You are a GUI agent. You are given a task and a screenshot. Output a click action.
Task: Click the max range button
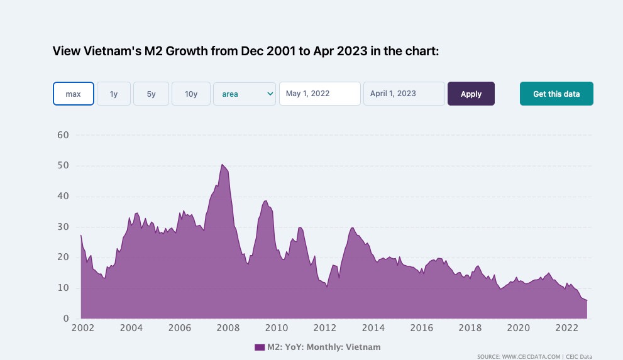[x=74, y=94]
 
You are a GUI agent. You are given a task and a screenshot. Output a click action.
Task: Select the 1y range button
[x=114, y=94]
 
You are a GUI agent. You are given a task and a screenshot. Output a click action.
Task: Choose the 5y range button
[x=151, y=94]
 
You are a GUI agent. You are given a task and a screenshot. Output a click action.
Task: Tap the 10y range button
[x=191, y=94]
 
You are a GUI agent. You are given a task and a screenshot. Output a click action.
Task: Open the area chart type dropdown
[x=245, y=94]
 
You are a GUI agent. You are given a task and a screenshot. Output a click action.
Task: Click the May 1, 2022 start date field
[x=319, y=94]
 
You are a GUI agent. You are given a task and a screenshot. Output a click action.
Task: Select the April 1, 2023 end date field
[x=404, y=94]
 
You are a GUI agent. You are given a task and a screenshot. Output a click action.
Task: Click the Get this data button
[x=556, y=94]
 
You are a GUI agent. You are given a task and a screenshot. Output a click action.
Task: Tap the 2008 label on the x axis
[x=228, y=328]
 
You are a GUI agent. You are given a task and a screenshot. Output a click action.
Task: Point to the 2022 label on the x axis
[x=567, y=328]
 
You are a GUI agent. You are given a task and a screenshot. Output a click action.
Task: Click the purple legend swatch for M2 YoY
[x=260, y=347]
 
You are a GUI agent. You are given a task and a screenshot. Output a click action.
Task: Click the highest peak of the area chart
[x=222, y=165]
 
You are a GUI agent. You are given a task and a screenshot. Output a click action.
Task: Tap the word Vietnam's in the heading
[x=109, y=51]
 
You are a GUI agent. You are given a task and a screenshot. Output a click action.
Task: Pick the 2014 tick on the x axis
[x=373, y=328]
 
